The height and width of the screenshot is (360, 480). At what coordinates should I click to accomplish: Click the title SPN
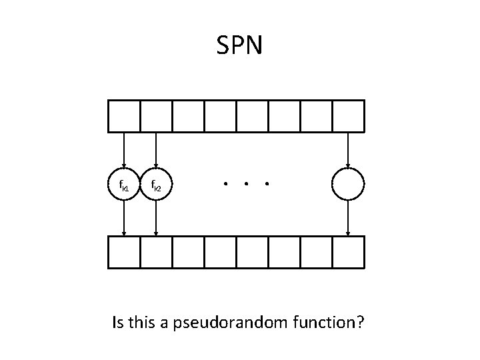click(240, 45)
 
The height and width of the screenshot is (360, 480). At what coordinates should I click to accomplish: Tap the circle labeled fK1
click(124, 184)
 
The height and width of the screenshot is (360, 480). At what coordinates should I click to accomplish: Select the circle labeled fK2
click(156, 184)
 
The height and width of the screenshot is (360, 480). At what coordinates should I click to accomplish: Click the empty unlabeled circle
click(348, 184)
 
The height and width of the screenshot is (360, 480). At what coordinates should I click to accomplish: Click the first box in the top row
click(124, 116)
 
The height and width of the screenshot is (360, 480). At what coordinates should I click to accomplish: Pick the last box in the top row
click(348, 116)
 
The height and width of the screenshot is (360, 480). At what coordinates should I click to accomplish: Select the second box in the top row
click(156, 116)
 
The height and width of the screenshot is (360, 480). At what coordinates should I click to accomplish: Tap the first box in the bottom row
click(124, 252)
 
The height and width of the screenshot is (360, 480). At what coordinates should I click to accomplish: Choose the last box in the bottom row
click(348, 252)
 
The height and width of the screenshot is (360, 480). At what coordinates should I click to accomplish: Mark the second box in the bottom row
click(156, 252)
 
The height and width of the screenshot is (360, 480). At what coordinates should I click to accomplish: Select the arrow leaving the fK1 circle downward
click(124, 218)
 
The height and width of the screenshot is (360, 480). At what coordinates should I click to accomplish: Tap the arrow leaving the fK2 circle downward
click(156, 218)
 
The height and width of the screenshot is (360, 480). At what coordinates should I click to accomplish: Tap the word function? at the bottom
click(327, 323)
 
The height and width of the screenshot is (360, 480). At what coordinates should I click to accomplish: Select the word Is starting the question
click(118, 323)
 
